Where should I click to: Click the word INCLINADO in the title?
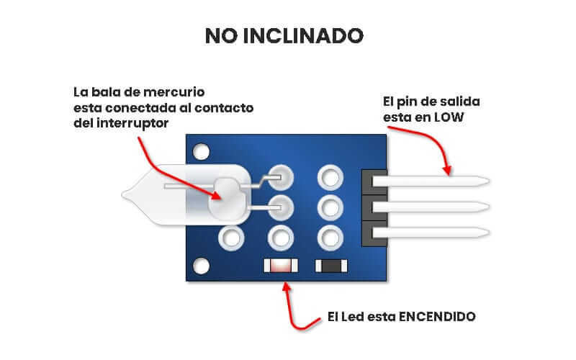(303, 35)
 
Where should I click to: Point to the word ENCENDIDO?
(437, 317)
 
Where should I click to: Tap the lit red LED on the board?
(281, 266)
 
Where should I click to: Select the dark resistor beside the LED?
(331, 266)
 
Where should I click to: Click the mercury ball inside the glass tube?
(225, 199)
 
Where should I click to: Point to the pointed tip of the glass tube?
(122, 195)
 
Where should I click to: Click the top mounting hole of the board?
(201, 152)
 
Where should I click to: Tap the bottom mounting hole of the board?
(201, 266)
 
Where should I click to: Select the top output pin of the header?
(431, 181)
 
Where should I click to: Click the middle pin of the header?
(431, 207)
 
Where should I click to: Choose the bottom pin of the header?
(431, 233)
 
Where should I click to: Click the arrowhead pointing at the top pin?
(447, 171)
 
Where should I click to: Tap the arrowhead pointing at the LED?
(287, 287)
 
